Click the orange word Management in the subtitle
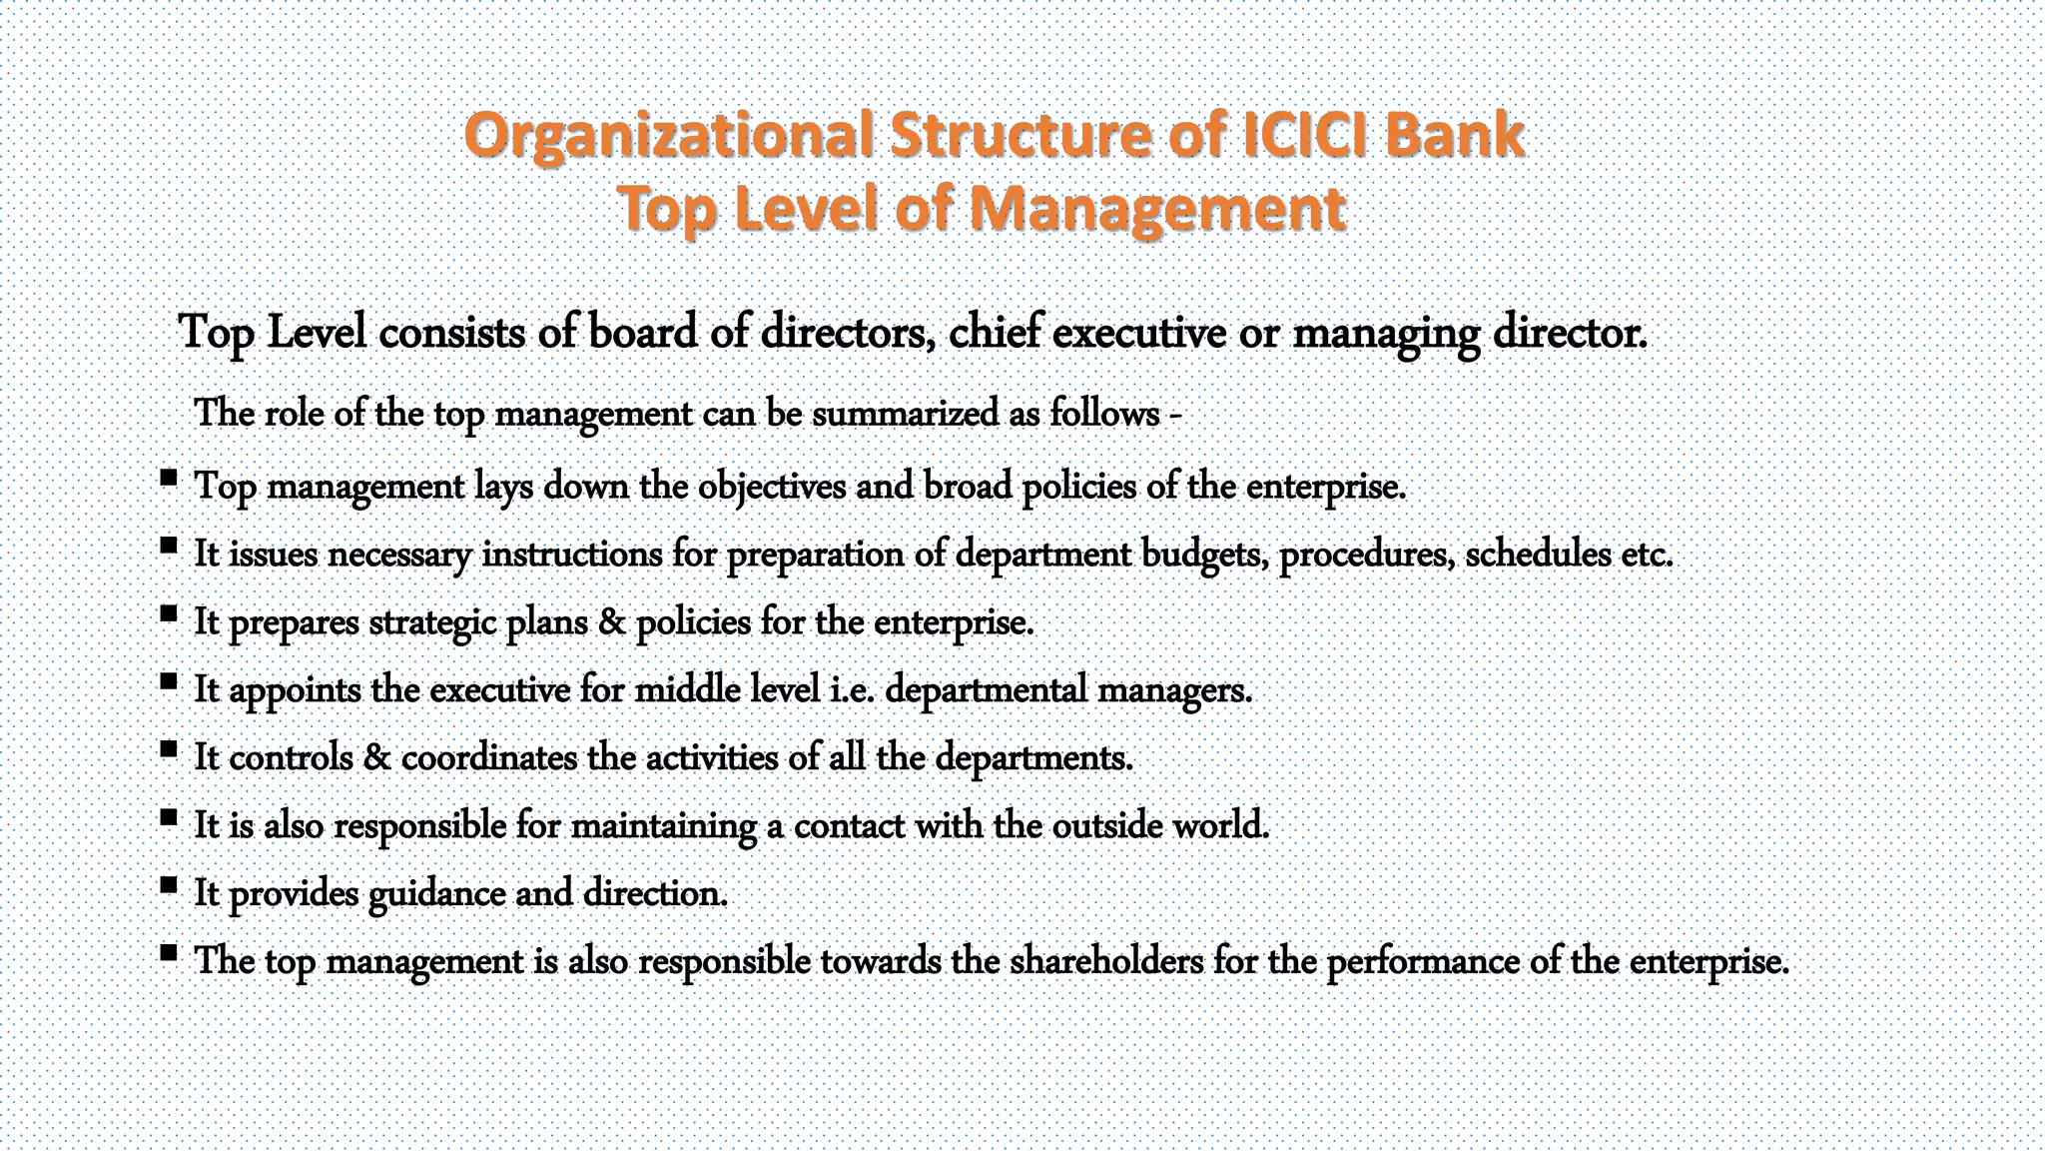(x=1158, y=209)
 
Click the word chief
(x=995, y=332)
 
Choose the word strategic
(x=432, y=622)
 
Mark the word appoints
(x=295, y=689)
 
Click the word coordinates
(x=489, y=757)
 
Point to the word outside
(x=1107, y=825)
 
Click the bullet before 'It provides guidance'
(x=169, y=884)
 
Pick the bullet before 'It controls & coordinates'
(x=169, y=748)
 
